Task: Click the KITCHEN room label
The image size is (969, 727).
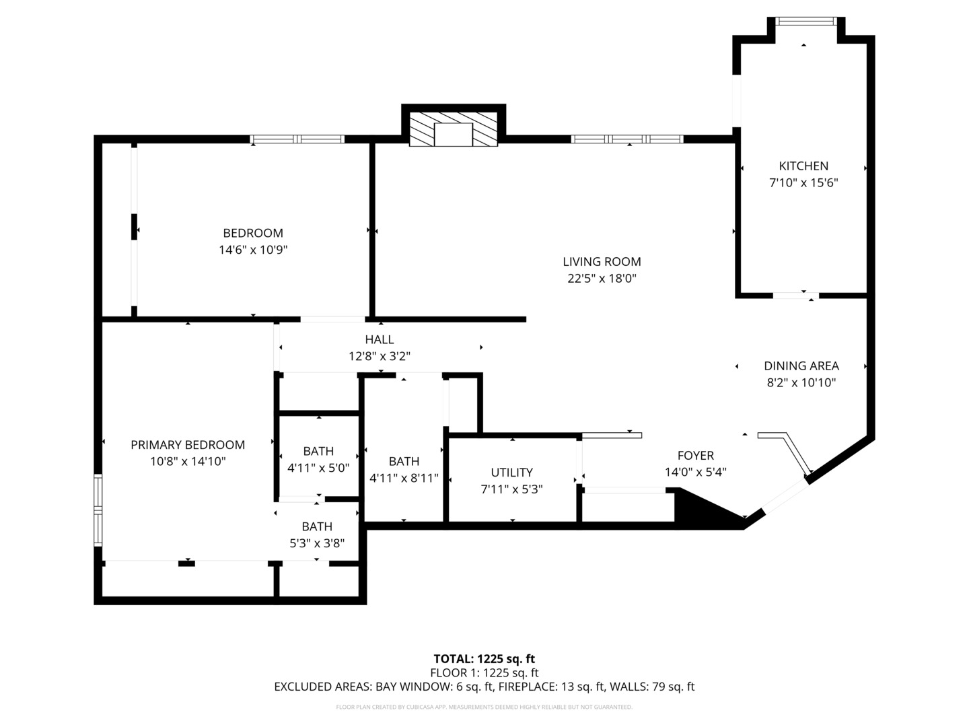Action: [803, 166]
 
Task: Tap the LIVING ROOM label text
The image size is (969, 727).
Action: [602, 262]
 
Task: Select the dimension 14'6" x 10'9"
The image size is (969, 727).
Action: [253, 250]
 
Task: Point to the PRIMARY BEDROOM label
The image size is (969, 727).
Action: [188, 445]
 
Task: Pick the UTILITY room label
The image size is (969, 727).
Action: [511, 473]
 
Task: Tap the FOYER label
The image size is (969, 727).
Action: [695, 456]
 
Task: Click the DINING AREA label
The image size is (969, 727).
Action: [801, 366]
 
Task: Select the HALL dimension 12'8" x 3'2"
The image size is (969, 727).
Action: [380, 356]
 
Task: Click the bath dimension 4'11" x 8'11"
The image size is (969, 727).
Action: [404, 478]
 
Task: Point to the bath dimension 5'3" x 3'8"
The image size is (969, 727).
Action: [317, 543]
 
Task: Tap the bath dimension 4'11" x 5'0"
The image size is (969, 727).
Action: [318, 468]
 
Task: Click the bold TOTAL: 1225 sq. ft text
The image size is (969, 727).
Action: [484, 659]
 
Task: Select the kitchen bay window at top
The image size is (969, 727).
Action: [806, 22]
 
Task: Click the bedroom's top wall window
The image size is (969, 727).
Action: [297, 139]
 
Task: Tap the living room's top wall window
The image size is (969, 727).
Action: [627, 139]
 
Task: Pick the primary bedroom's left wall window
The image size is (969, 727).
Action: [98, 510]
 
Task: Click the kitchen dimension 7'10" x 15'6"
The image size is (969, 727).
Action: [803, 182]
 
